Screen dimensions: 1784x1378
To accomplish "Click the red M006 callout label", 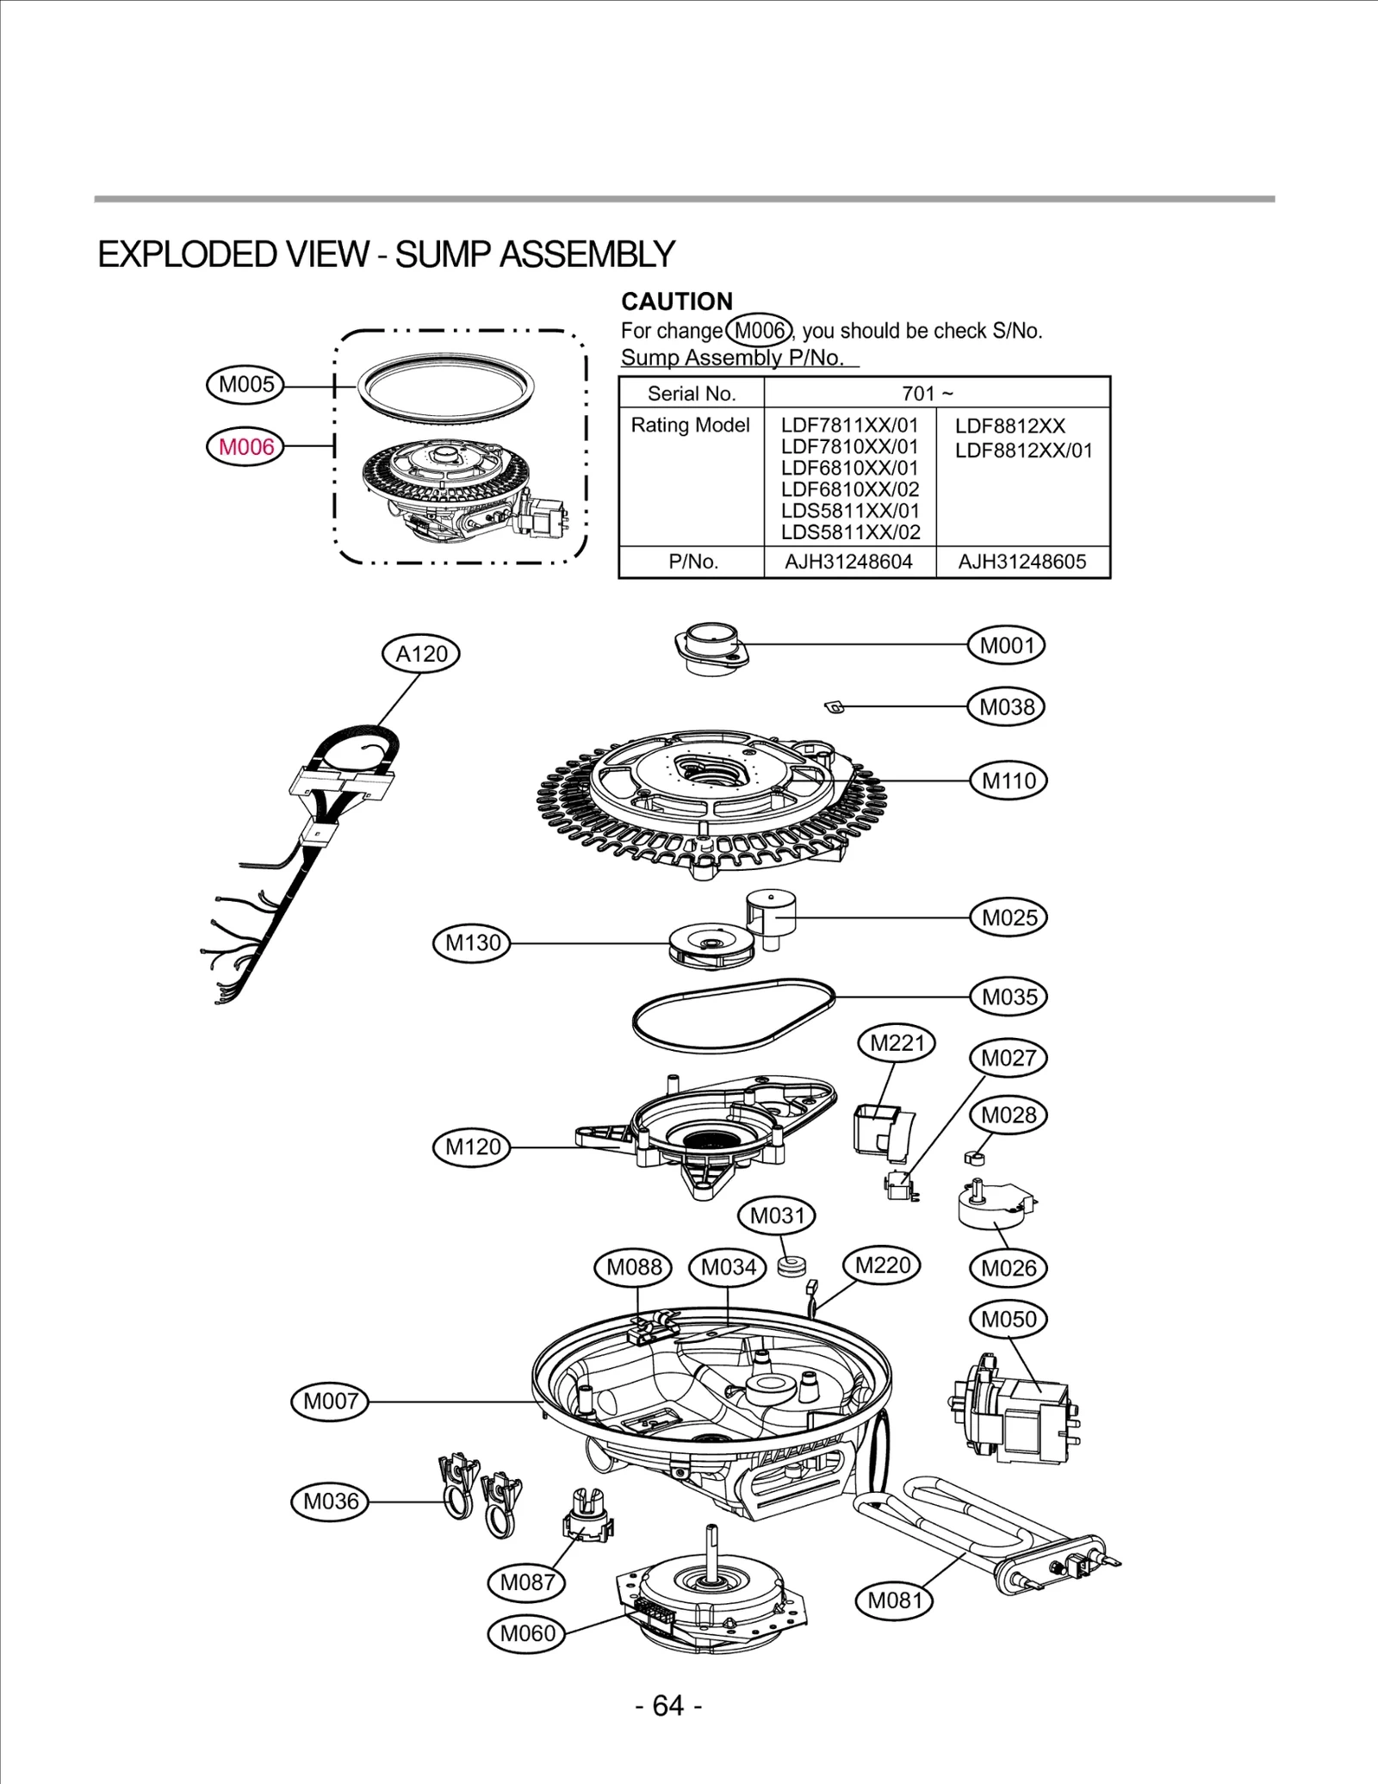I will [x=246, y=446].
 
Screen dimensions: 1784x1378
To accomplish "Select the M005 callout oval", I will [x=246, y=384].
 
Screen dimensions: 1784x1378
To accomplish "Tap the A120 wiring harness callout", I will [x=421, y=654].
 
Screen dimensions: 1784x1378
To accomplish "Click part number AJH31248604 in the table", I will [x=848, y=563].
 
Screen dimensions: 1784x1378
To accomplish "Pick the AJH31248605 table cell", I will [x=1022, y=563].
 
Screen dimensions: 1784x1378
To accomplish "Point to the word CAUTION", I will [x=677, y=301].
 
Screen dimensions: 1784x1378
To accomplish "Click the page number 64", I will [x=668, y=1705].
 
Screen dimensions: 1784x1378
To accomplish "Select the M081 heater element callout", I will [x=895, y=1600].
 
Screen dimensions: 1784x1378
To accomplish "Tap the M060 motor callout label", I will [x=527, y=1633].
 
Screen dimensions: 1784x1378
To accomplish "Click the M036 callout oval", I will [x=331, y=1501].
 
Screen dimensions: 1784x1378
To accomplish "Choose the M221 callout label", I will [x=897, y=1043].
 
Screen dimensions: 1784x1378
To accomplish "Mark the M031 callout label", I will [x=777, y=1215].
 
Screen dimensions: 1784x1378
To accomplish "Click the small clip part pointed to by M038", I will [x=833, y=707].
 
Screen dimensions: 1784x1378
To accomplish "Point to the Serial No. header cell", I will [x=692, y=394].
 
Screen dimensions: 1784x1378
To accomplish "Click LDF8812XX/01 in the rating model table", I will [x=1023, y=451].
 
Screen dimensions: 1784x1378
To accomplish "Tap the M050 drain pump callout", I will [x=1009, y=1319].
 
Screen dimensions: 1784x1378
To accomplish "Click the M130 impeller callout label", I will [x=473, y=942].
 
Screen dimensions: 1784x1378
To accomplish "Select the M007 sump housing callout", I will [x=331, y=1402].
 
